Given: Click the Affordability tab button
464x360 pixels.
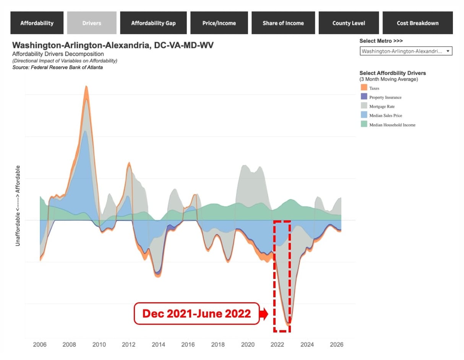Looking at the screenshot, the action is pos(37,23).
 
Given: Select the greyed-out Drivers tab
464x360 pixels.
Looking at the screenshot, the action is pos(92,23).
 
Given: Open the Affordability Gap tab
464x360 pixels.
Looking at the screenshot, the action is pos(153,23).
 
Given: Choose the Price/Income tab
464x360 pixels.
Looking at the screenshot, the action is pos(219,23).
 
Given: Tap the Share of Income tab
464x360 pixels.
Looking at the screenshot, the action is pos(283,23).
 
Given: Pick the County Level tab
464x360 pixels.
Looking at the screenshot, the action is pos(349,23).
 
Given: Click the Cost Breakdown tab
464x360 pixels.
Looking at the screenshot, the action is pos(418,23).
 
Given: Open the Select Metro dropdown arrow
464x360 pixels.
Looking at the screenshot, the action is pos(448,51).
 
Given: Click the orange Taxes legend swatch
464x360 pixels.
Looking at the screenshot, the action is pos(364,87).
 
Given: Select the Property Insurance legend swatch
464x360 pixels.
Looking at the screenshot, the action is pos(364,96).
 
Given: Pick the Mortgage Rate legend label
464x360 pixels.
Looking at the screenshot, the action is pos(382,106).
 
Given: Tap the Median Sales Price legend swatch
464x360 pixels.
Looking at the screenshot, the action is pos(364,115).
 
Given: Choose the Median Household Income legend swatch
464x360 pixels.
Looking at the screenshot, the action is pos(364,124).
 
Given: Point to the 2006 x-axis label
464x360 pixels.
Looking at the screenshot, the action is pos(40,344).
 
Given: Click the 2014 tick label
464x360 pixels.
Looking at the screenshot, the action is pos(158,344).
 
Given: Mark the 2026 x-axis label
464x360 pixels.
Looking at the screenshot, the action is pos(336,344).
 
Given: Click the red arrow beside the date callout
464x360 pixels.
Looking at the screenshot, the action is pos(263,314).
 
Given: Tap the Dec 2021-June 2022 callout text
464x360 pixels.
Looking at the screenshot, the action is pos(196,314).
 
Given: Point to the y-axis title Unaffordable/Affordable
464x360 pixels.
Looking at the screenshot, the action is pos(18,206).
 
